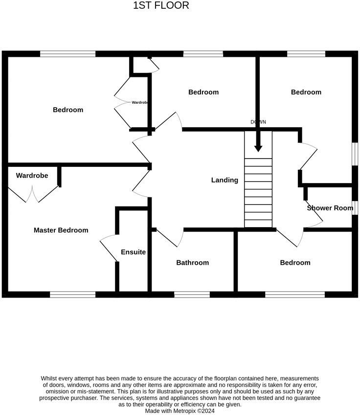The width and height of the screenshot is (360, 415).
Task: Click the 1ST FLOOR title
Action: (x=160, y=6)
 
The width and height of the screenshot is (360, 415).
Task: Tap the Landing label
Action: (x=225, y=180)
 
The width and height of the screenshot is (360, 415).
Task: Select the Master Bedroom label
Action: (x=61, y=230)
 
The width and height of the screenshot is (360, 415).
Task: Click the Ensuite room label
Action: (x=133, y=252)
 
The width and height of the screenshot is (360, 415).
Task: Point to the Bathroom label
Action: (x=192, y=263)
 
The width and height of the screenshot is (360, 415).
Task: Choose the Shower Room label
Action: (x=330, y=208)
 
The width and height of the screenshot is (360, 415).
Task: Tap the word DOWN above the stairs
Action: (x=258, y=122)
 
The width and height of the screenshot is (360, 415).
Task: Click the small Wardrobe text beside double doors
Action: (x=140, y=102)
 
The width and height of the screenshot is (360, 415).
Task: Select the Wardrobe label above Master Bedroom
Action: (x=32, y=175)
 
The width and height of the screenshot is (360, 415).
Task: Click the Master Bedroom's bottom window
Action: (x=72, y=294)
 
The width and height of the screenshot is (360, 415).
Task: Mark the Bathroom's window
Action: (x=192, y=294)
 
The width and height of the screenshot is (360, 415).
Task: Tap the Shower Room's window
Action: (x=355, y=207)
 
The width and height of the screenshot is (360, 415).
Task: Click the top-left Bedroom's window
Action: (x=67, y=54)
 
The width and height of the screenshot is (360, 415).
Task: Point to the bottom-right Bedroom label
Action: (x=295, y=263)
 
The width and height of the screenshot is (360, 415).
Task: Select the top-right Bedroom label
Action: (x=306, y=92)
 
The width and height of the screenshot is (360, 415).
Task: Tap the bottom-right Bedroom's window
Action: (x=294, y=294)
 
